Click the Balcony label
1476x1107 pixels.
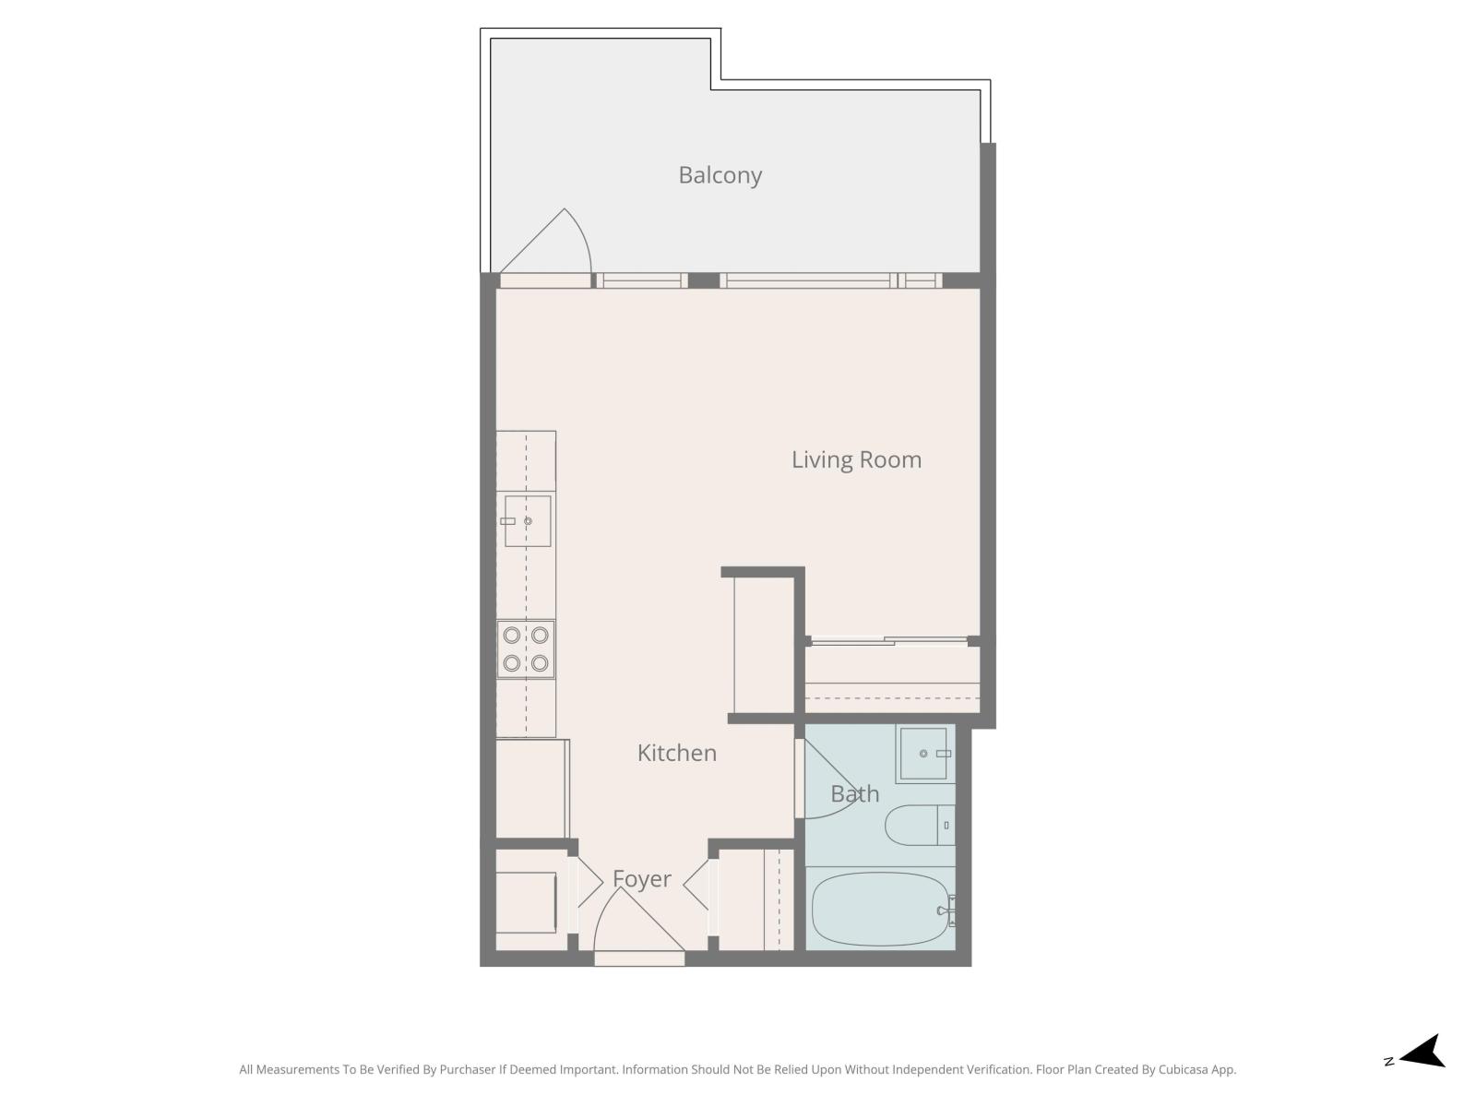coord(720,175)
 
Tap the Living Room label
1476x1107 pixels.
coord(856,459)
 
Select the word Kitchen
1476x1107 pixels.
coord(676,753)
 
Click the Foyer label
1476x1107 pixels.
coord(641,879)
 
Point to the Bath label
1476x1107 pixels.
coord(854,793)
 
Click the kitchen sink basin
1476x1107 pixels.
coord(528,521)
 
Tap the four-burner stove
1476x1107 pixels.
coord(526,649)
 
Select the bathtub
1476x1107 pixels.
coord(880,909)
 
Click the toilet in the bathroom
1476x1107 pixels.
coord(918,826)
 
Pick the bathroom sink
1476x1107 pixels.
coord(924,754)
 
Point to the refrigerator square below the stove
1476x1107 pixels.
coord(531,789)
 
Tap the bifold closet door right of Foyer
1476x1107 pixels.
coord(698,886)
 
